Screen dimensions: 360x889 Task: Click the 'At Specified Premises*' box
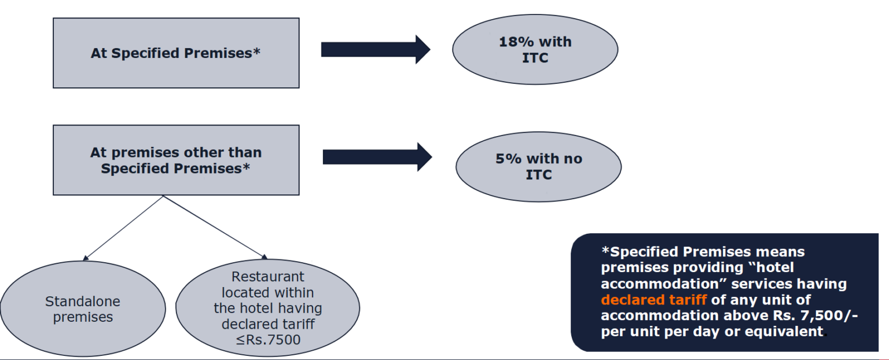[x=176, y=53]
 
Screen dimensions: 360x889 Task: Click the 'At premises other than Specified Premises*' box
[x=176, y=160]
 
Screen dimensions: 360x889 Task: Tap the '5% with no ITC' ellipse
[x=538, y=167]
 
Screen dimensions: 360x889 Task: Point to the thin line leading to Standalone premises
[x=123, y=227]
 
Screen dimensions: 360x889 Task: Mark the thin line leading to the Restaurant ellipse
[x=214, y=226]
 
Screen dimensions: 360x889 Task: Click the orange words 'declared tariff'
[x=653, y=300]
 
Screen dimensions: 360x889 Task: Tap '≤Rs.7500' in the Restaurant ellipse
[x=268, y=340]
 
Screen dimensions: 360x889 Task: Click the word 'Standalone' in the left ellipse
[x=83, y=302]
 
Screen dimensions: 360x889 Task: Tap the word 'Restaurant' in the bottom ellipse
[x=267, y=277]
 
